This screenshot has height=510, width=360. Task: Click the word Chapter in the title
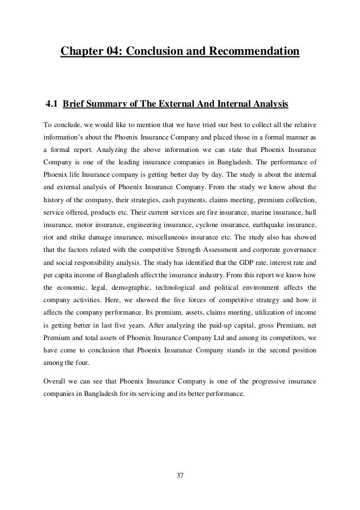84,53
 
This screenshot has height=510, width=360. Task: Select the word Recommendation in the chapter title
254,53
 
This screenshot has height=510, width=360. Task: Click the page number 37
180,476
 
